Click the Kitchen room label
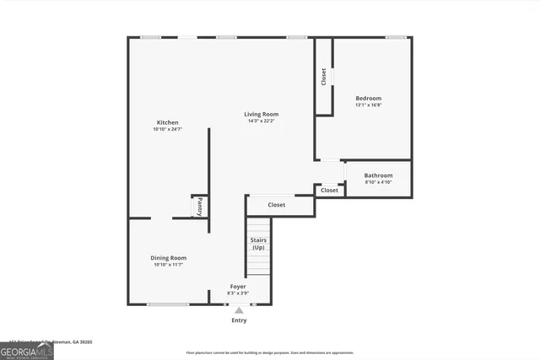pos(167,122)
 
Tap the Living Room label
pos(262,114)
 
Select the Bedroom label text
pos(368,99)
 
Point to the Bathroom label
pos(378,175)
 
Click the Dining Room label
pos(169,258)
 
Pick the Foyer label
pos(238,287)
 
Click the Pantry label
pos(199,206)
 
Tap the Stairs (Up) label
pos(258,244)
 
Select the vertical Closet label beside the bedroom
pos(324,76)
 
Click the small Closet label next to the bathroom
pos(329,191)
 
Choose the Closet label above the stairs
pos(277,205)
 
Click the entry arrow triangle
pos(239,310)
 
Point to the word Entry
pos(240,320)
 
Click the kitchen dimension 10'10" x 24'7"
pos(167,130)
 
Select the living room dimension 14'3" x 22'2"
pos(262,121)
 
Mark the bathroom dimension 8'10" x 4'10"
pos(378,183)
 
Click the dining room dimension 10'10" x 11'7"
pos(169,266)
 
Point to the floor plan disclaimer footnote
pos(281,352)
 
